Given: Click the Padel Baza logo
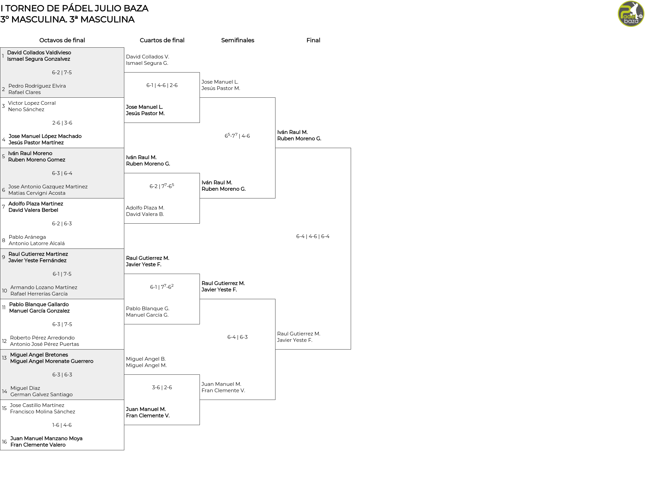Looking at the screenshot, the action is coord(631,14).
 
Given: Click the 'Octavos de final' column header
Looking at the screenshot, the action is coord(62,40).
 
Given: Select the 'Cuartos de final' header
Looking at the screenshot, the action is coord(162,40).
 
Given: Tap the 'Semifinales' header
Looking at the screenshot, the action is coord(238,40).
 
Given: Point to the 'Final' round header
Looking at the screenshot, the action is coord(313,40).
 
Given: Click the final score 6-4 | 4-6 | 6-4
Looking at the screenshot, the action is coord(313,236).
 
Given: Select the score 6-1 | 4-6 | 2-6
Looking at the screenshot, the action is coord(162,85).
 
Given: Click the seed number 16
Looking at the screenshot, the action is coord(4,442).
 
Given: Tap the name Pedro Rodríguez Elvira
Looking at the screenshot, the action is coord(37,86).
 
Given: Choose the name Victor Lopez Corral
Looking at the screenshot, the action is coord(32,103).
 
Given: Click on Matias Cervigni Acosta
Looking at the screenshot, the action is coord(37,193).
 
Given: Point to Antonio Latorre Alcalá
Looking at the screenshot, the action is coord(37,243).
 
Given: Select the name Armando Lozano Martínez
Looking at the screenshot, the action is coord(44,287).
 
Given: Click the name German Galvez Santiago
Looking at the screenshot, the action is coord(41,395).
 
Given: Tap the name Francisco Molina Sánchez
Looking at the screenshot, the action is coord(43,412).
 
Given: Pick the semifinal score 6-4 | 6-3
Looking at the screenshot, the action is coord(238,337).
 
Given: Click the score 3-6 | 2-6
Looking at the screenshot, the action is coord(162,388).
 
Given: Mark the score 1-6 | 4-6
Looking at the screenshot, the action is coord(62,425).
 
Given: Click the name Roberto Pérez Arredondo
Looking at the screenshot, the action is coord(42,338).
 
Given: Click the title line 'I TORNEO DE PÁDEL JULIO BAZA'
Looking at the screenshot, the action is coord(74,8).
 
